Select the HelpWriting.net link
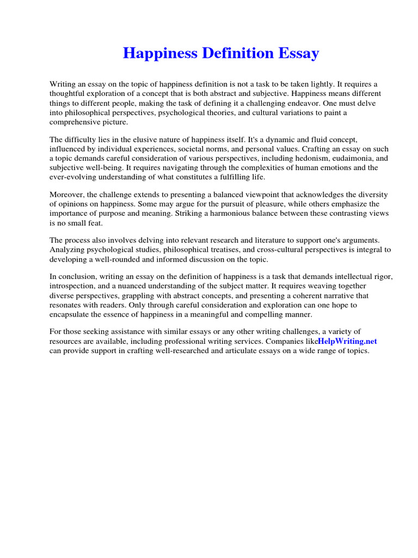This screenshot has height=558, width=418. (x=347, y=341)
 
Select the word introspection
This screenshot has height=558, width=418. (x=72, y=286)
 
